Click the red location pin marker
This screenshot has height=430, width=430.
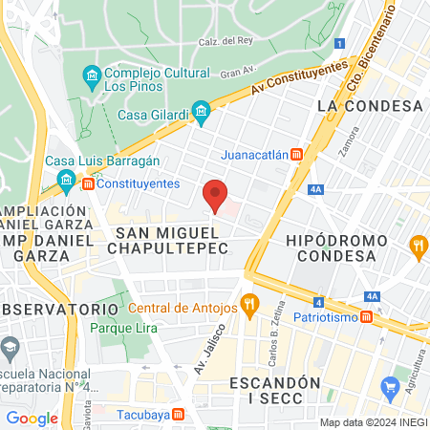click(x=216, y=194)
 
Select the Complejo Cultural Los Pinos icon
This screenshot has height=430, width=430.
click(x=92, y=75)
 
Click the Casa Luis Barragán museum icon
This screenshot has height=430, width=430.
click(x=66, y=179)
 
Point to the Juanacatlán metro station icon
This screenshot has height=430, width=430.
click(x=296, y=154)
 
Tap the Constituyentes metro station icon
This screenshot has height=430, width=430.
click(x=88, y=183)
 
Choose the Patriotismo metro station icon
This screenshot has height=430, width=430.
click(x=366, y=316)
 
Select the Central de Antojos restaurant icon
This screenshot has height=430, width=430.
click(x=250, y=307)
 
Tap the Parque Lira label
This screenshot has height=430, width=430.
click(x=116, y=328)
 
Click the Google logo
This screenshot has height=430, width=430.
click(x=32, y=418)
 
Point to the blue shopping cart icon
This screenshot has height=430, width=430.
click(x=390, y=387)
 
